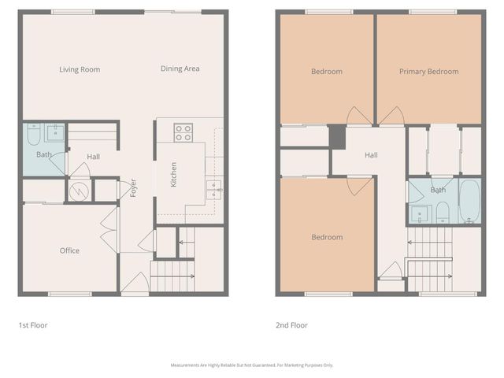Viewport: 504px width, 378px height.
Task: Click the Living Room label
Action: tap(80, 69)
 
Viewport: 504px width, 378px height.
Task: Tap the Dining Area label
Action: tap(180, 69)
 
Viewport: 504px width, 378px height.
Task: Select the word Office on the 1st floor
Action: tap(69, 251)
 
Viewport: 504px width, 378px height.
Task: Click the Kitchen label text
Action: tap(173, 174)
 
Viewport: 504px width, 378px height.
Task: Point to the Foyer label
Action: tap(134, 188)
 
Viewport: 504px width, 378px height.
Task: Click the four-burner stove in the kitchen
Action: tap(183, 132)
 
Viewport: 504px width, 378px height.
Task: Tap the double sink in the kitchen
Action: tap(213, 187)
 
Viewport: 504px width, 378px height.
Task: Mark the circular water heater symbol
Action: tap(78, 190)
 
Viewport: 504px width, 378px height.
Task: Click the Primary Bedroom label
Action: tap(428, 72)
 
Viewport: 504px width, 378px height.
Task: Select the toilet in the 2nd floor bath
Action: tap(442, 212)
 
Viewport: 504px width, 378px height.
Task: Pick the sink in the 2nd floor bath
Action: tap(418, 213)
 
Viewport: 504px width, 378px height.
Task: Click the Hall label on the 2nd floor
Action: tap(371, 155)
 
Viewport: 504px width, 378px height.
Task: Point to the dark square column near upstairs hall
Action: tap(337, 136)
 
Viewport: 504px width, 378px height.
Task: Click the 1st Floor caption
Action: tap(33, 324)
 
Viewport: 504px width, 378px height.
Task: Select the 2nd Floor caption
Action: tap(291, 324)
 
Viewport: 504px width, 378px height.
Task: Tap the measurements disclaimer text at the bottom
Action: tap(252, 365)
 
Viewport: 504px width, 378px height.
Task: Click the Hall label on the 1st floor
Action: tap(93, 157)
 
